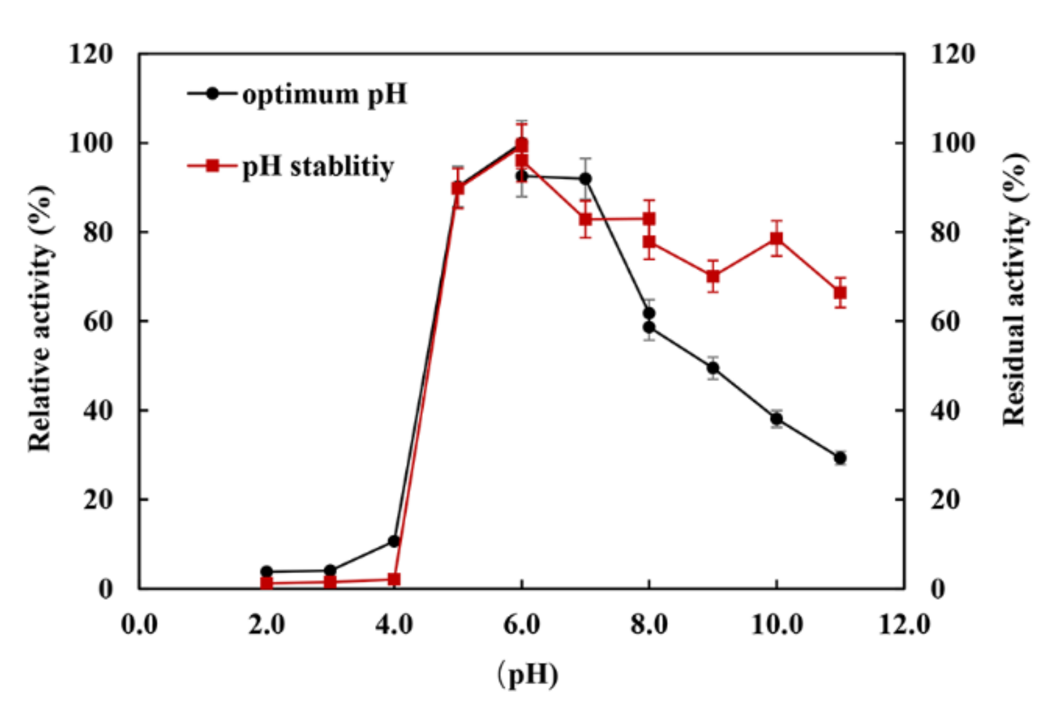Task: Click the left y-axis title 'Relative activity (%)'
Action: pos(40,319)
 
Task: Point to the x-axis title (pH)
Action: pos(527,674)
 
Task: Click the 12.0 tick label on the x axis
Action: pos(904,624)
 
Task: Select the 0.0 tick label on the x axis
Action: pos(139,624)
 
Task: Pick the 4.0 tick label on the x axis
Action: pos(394,624)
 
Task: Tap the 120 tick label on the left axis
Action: pos(90,54)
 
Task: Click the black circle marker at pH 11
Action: pos(840,458)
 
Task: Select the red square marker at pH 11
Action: pos(840,293)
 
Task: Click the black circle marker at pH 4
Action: pos(394,541)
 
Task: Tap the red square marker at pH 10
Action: pos(776,238)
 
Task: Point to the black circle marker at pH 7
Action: pos(585,179)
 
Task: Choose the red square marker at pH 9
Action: pos(713,276)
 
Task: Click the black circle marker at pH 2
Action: pos(267,571)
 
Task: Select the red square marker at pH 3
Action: pos(330,582)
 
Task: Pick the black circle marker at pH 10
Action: pos(776,419)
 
